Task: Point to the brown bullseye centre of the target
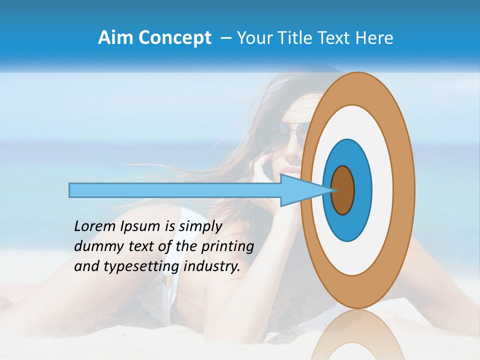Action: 343,190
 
